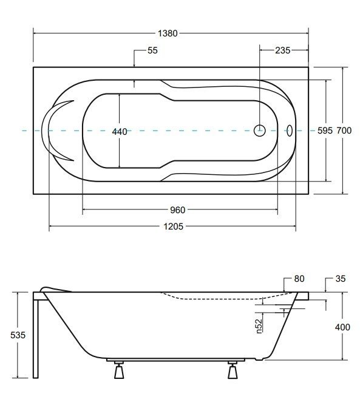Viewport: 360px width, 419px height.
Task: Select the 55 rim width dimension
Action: [152, 51]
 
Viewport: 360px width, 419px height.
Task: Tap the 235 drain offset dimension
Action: [282, 51]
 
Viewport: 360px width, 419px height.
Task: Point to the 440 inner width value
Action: [120, 132]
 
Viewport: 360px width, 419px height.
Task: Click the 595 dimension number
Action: [325, 131]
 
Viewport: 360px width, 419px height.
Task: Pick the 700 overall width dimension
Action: [344, 131]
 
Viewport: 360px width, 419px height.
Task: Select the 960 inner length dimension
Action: [177, 209]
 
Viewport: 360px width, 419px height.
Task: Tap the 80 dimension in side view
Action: [299, 279]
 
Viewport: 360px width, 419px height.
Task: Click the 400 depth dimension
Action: [342, 327]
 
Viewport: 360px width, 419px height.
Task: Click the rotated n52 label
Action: [259, 326]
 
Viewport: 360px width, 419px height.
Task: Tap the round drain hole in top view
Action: [259, 129]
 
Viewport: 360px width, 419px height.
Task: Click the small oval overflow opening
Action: [289, 129]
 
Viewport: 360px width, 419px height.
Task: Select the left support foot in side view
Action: [118, 370]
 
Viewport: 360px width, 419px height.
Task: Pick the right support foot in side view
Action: [233, 370]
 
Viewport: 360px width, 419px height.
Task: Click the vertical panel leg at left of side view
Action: [37, 337]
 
